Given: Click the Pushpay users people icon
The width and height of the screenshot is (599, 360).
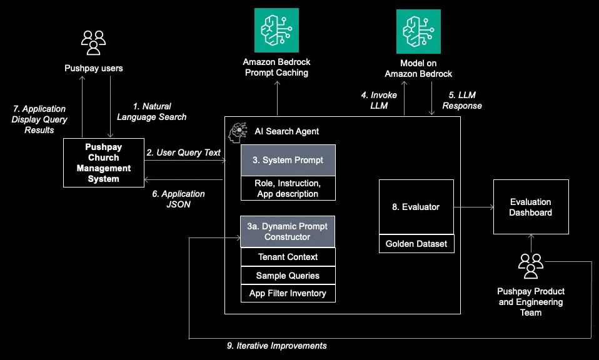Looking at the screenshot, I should point(94,42).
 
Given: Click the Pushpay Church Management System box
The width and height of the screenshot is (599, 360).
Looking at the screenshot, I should point(103,163).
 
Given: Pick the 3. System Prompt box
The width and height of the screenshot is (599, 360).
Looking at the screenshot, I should point(288,160).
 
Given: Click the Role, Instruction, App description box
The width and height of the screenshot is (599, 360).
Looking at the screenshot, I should point(288,188).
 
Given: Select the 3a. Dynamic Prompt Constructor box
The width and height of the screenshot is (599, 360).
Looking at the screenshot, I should point(288,231).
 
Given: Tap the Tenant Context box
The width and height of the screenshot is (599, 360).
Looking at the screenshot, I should point(288,257).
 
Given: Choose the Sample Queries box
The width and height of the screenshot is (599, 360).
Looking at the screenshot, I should point(288,276).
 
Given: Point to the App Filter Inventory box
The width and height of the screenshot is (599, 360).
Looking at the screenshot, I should point(288,293).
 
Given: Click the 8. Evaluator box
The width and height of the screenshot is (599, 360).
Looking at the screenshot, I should point(416,207).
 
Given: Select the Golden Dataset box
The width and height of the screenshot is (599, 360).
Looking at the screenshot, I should point(416,244).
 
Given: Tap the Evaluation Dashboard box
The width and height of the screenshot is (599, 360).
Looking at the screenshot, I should point(530,207).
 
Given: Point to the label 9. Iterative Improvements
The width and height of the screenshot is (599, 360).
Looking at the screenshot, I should point(276,346).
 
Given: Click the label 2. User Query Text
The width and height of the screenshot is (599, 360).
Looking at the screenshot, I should point(183,152).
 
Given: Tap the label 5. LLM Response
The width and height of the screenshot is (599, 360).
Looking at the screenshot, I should point(462,101).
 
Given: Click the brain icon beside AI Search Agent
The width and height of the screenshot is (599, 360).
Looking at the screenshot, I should point(238,131).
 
